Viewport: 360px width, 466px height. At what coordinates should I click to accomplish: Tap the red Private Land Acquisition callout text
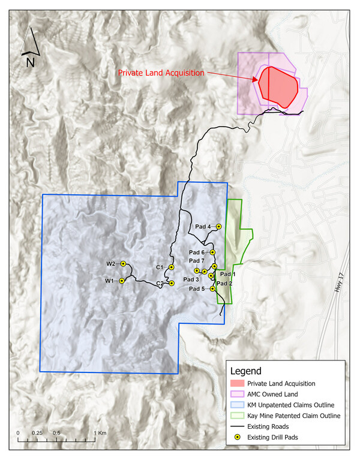(161, 73)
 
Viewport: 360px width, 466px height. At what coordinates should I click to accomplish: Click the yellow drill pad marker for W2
(122, 264)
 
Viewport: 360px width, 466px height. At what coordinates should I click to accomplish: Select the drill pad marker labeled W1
(121, 281)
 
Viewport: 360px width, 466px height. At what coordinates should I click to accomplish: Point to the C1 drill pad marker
(171, 267)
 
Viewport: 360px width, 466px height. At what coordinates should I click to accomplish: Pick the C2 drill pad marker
(172, 283)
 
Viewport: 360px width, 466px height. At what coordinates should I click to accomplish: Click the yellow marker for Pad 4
(219, 226)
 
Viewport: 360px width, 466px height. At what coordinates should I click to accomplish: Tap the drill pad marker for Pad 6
(212, 252)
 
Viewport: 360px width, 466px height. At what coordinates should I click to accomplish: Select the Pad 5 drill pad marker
(213, 289)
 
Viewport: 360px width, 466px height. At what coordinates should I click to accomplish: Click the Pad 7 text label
(197, 261)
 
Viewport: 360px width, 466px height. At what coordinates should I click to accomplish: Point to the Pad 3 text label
(191, 279)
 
